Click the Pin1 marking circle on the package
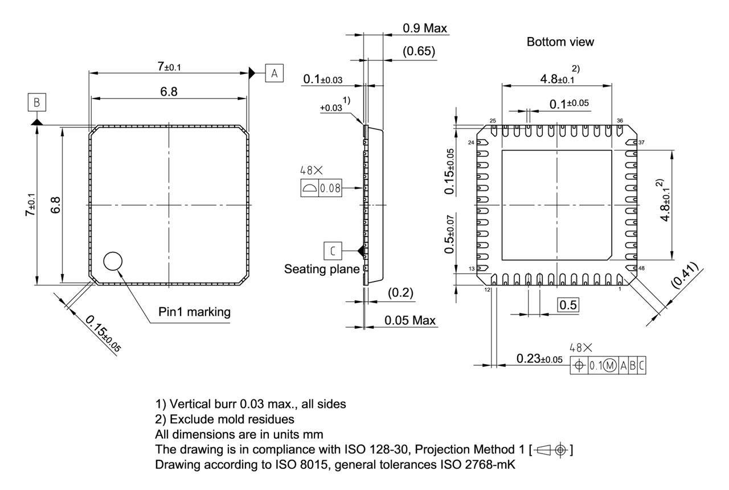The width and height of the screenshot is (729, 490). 113,262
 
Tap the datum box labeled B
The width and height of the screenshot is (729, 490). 36,103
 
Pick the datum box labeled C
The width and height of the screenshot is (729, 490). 333,250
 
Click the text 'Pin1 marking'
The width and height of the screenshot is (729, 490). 195,312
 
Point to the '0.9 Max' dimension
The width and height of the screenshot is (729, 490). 424,28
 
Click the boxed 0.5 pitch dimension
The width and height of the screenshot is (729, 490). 568,305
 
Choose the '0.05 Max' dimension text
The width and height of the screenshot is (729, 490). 409,320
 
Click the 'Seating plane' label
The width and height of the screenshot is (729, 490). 322,269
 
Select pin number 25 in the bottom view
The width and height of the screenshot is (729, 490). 493,121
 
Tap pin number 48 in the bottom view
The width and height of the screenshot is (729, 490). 641,268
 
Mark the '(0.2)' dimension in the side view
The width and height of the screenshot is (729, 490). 400,293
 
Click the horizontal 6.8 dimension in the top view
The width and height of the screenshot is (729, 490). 168,92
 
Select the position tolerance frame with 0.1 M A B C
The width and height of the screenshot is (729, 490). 608,365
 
